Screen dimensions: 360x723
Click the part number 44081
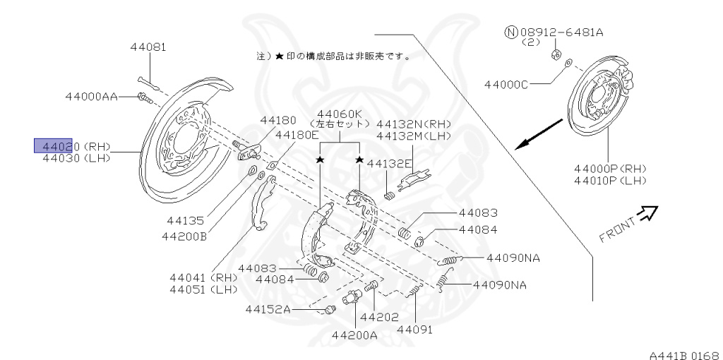pos(148,48)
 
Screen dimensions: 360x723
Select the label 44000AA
pos(91,97)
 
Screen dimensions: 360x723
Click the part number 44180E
pos(297,135)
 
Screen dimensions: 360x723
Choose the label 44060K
pos(339,114)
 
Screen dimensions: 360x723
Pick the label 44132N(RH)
pos(414,124)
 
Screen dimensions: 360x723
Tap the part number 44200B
pos(183,236)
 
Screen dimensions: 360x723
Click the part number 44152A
pos(268,309)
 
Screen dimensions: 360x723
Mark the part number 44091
pos(414,329)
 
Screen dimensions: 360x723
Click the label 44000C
pos(506,85)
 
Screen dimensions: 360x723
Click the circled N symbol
pos(510,32)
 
